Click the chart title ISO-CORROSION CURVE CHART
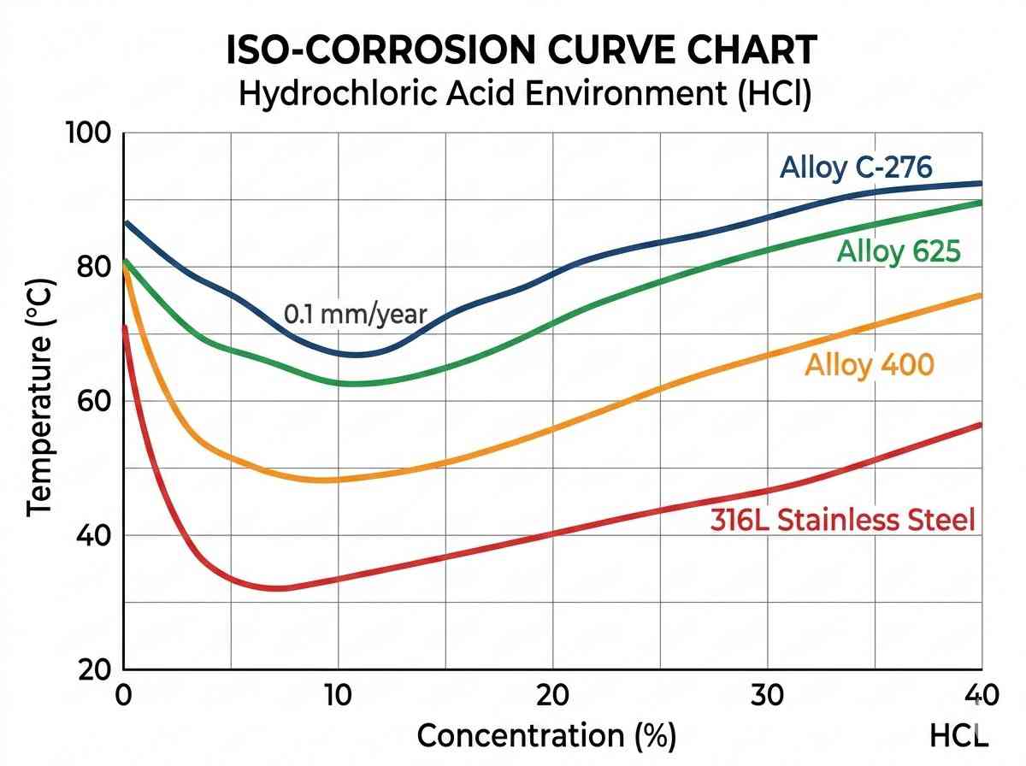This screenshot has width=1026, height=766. coord(522,51)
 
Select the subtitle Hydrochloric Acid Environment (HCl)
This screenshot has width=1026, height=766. coord(524,93)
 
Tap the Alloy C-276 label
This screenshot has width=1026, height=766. coord(856,167)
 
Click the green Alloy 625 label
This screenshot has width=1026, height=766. coord(899,251)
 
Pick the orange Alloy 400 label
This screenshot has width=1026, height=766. coord(870,365)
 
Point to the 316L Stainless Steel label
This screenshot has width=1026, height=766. coord(842,520)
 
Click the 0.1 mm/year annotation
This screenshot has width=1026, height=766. coord(354,314)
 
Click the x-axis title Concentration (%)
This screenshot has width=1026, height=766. coord(546,735)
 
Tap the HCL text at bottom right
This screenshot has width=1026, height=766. coord(958,735)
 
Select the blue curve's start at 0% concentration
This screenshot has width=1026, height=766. coord(127,222)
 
